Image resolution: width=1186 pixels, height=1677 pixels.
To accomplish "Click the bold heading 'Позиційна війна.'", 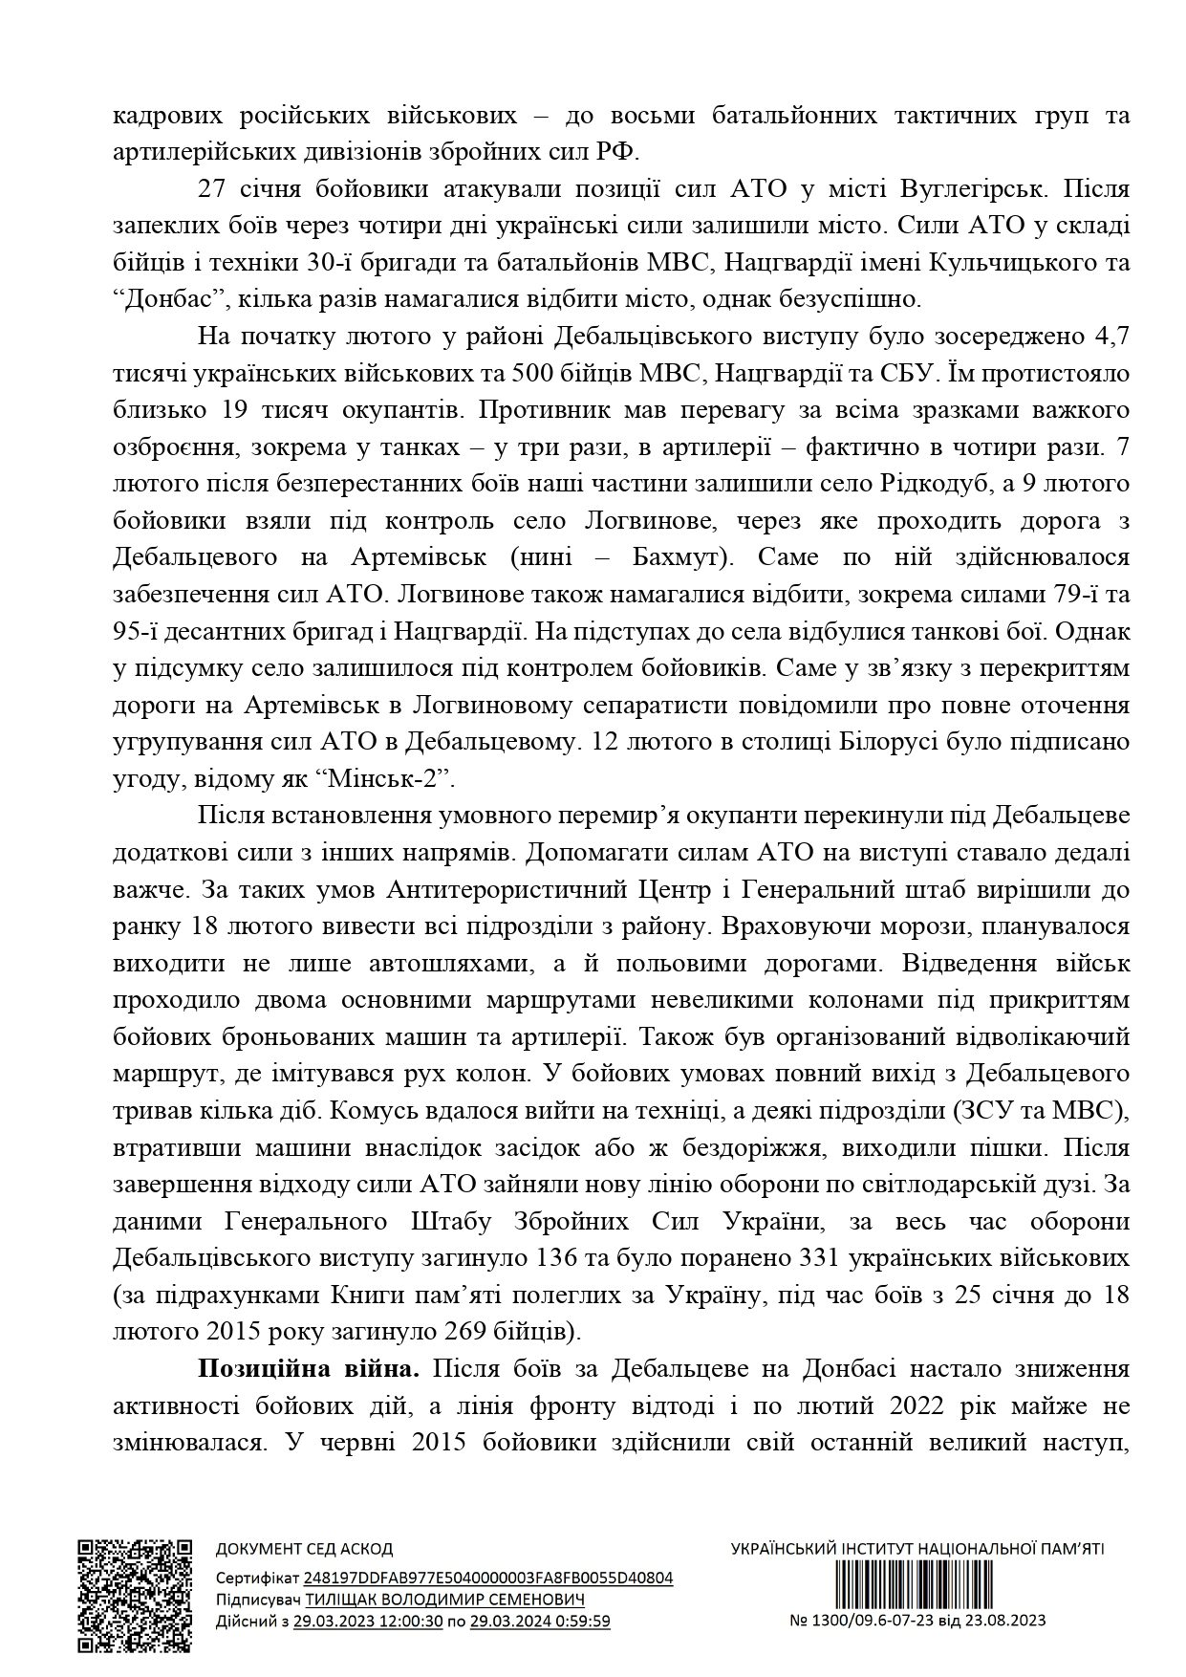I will (309, 1368).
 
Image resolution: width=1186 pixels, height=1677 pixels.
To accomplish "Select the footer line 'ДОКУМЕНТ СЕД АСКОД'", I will (303, 1549).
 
